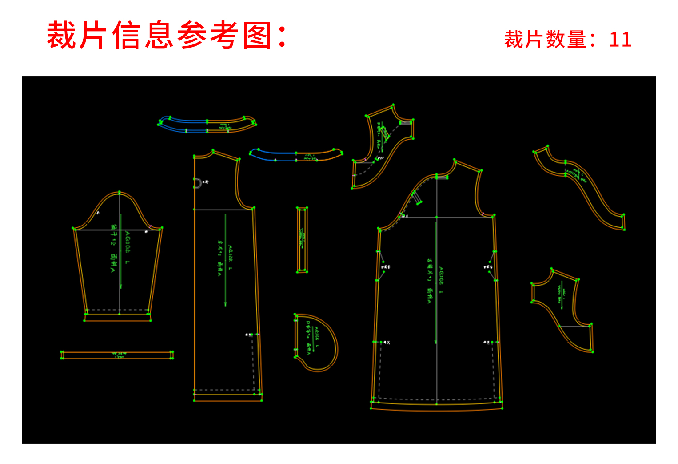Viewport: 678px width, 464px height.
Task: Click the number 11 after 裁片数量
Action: pos(620,40)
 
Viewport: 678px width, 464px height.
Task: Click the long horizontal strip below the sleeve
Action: pos(117,355)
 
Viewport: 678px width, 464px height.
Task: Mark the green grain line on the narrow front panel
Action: pos(225,260)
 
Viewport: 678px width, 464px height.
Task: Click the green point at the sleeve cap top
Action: pos(119,193)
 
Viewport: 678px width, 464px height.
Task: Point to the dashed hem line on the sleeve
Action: pos(117,310)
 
